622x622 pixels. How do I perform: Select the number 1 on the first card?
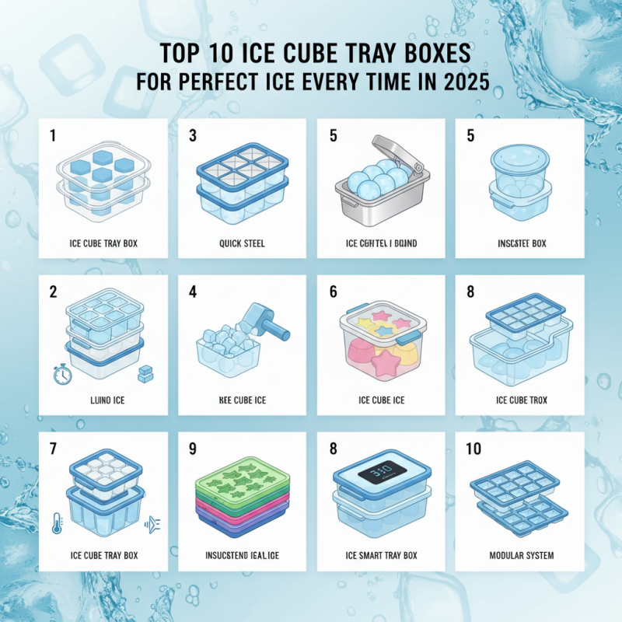tap(54, 135)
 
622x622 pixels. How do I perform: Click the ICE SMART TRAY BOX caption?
tap(381, 555)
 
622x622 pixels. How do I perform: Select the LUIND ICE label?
tap(103, 400)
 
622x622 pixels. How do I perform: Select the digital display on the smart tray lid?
tap(381, 473)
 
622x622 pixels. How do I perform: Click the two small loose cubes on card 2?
tap(145, 374)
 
